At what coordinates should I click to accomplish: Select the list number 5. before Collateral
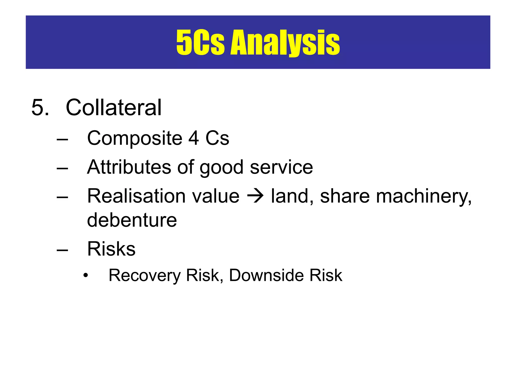[40, 108]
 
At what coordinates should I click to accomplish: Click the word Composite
[135, 138]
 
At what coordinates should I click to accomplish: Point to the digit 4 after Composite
[193, 138]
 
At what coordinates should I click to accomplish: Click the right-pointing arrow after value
[255, 196]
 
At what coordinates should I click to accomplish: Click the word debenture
[132, 220]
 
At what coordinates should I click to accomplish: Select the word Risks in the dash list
[111, 249]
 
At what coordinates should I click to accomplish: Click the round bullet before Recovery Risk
[86, 275]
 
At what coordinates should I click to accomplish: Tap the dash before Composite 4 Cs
[62, 139]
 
